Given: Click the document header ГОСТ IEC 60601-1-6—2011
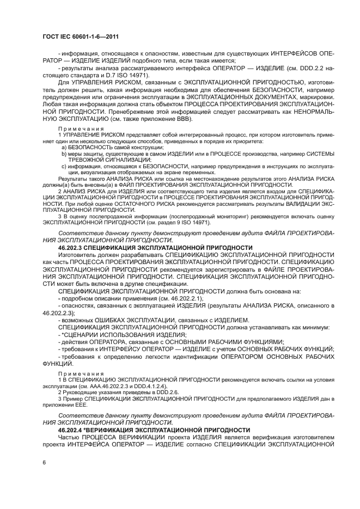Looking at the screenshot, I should pos(80,37).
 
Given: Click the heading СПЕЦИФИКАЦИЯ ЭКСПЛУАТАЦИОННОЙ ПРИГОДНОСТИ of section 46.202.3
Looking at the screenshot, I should pos(175,248).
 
